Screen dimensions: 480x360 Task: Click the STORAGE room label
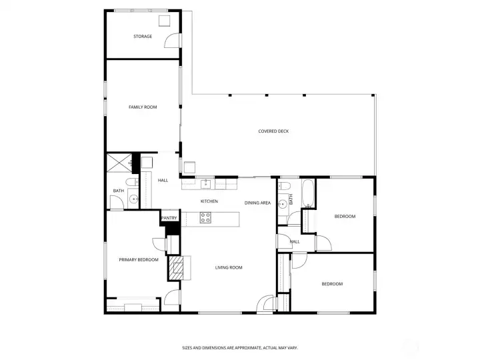(x=143, y=37)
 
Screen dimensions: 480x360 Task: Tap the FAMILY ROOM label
(x=143, y=107)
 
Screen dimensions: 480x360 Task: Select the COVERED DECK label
(x=273, y=131)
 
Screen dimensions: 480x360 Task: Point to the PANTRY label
(x=169, y=218)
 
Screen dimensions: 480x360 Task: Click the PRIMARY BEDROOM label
(x=139, y=260)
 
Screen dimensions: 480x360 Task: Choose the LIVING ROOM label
(x=229, y=267)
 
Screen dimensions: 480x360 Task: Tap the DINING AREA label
(x=257, y=203)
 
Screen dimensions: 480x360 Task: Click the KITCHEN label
(x=209, y=201)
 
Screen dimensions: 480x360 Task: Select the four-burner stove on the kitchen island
(x=205, y=217)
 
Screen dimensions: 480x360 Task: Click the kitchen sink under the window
(x=206, y=184)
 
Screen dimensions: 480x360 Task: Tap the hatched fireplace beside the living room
(x=176, y=268)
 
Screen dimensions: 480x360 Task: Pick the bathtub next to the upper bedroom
(x=308, y=193)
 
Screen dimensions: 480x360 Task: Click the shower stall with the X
(x=119, y=163)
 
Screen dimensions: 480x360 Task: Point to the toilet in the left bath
(x=132, y=182)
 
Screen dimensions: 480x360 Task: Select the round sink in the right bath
(x=283, y=203)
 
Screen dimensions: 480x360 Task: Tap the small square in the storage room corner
(x=165, y=21)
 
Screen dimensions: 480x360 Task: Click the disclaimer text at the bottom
(x=240, y=348)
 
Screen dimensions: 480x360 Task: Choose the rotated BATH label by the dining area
(x=291, y=199)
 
